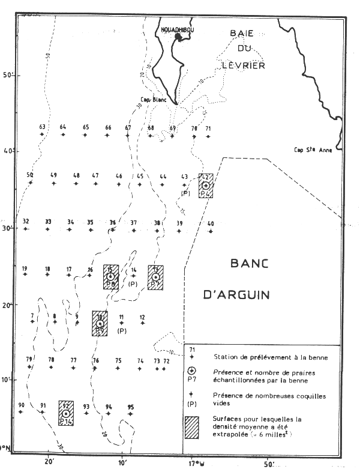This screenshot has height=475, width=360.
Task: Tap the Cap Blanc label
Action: click(x=154, y=100)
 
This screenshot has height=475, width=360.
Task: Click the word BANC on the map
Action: click(x=250, y=264)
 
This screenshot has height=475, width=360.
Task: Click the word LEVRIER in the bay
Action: click(x=244, y=65)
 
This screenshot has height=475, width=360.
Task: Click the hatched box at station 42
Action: click(x=206, y=186)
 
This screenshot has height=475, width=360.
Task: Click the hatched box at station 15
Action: click(x=110, y=277)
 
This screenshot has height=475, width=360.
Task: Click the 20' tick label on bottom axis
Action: click(x=49, y=464)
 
